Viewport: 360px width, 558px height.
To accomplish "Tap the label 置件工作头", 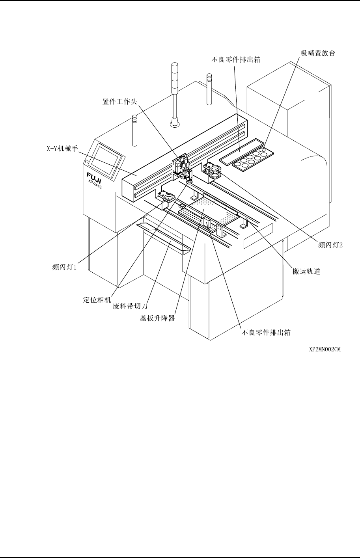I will click(117, 101).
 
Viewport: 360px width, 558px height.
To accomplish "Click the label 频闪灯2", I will click(330, 244).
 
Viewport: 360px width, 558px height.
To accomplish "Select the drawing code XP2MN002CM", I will click(325, 349).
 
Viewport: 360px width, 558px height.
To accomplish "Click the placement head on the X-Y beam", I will click(182, 167).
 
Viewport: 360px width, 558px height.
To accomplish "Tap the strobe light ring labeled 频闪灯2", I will click(215, 170).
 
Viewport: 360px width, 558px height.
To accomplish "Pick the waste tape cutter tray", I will click(163, 237).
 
